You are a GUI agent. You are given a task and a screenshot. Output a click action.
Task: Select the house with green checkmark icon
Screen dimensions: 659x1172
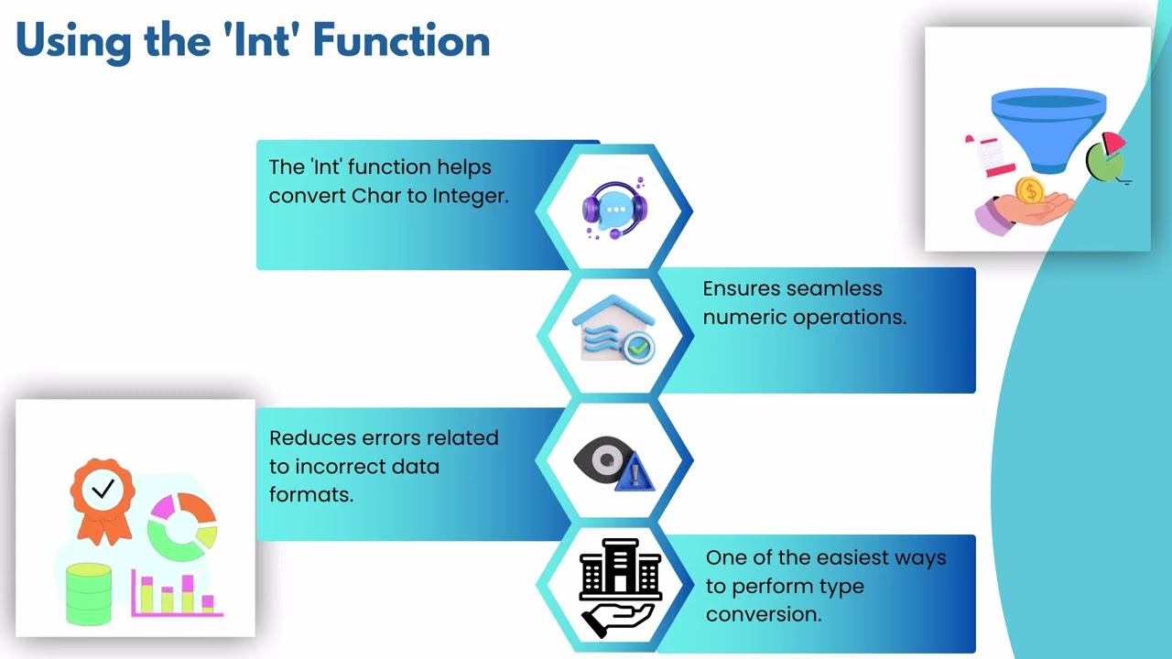click(614, 329)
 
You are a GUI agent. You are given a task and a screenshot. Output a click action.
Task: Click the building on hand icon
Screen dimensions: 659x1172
click(619, 587)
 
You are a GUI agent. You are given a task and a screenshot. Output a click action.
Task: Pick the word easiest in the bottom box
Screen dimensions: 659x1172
click(856, 557)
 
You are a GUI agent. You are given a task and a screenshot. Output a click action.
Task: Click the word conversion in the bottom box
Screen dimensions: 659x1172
click(763, 614)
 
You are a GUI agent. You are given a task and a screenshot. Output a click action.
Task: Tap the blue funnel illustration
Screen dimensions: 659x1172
click(1048, 128)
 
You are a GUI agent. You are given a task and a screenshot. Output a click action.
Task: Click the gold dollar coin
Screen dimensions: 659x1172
click(1030, 191)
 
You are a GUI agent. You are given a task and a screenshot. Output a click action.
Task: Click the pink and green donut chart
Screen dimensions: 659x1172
click(182, 526)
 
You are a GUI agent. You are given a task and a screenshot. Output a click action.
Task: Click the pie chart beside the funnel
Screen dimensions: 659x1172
click(1106, 158)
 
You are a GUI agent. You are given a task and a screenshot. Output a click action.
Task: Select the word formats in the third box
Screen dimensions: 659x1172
click(310, 494)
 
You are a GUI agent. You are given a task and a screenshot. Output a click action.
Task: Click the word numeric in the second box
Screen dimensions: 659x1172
click(740, 317)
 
